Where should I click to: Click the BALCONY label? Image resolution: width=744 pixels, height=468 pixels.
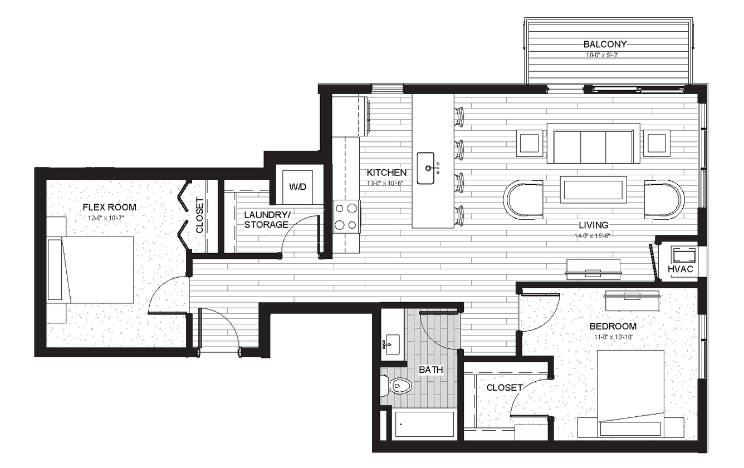605,44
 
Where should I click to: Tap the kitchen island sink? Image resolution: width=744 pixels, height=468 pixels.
425,168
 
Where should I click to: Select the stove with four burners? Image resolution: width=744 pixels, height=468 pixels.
346,216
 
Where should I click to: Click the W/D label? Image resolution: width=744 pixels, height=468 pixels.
297,187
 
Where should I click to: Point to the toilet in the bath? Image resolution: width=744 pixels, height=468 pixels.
397,386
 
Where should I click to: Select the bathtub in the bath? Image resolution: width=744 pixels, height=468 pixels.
424,425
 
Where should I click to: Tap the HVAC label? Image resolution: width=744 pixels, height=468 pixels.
680,269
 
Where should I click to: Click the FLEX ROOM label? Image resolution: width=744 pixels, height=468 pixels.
109,208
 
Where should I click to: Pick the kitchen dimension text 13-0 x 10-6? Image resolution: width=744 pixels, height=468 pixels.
385,183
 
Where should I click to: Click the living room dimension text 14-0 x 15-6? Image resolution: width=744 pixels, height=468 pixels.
592,236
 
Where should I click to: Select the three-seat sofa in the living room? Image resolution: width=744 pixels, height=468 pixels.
593,144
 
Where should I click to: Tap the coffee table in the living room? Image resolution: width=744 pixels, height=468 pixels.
593,190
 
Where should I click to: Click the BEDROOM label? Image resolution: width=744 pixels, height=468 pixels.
613,326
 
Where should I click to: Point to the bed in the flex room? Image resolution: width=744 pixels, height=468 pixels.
90,269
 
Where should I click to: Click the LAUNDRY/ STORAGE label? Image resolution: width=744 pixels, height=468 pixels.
267,219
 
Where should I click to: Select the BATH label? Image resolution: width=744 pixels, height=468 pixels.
431,370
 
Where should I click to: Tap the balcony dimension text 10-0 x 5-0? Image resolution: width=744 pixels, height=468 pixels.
601,55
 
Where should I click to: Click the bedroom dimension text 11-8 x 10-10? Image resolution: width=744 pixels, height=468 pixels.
614,337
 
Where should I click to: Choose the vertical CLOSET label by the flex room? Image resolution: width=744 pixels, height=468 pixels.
199,215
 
